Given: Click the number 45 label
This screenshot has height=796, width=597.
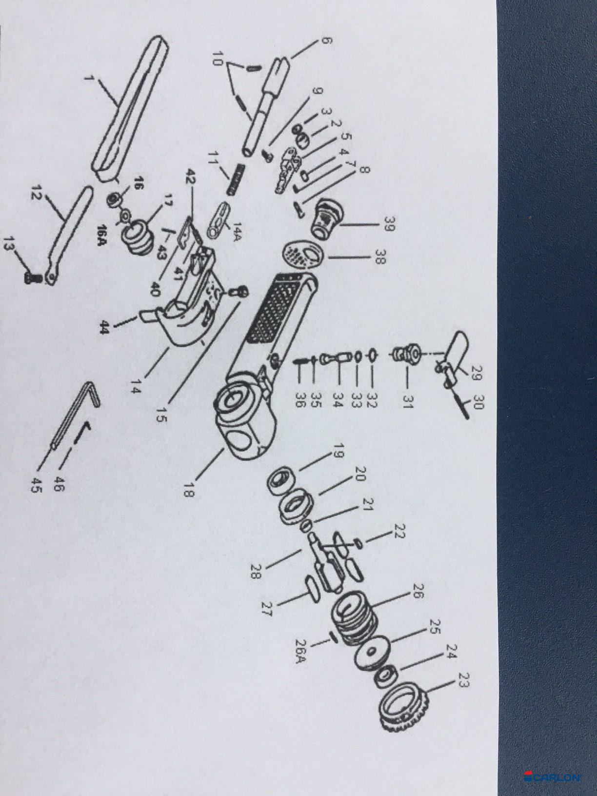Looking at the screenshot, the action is click(37, 484).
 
